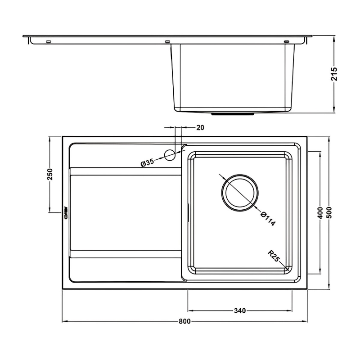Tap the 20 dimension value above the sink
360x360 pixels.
[x=200, y=128]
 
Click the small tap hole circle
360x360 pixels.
[x=170, y=155]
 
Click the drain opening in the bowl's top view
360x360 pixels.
[x=240, y=192]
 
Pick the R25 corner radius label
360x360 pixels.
[x=274, y=258]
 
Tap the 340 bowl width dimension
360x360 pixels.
[x=239, y=310]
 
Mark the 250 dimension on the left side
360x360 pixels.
[x=50, y=174]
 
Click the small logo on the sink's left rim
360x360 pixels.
[x=65, y=211]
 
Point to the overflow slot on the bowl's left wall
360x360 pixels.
[x=187, y=211]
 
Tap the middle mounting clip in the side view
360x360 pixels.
[x=168, y=42]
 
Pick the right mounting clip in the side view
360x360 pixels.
[x=286, y=42]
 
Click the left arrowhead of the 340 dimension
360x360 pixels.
[x=189, y=310]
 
